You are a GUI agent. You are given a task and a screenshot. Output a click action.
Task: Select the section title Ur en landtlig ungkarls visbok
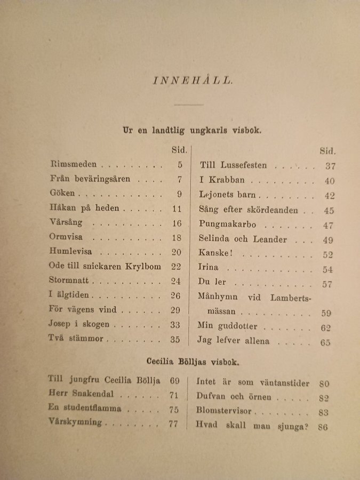coord(191,130)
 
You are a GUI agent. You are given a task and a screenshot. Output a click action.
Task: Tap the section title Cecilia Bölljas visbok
coord(193,362)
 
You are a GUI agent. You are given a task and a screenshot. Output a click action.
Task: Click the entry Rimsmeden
coord(76,165)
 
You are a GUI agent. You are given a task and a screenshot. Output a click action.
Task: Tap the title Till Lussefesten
coord(233,165)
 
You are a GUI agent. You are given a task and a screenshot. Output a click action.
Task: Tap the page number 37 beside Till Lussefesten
coord(330,166)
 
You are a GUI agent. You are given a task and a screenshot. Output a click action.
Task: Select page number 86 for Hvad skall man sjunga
coord(323,427)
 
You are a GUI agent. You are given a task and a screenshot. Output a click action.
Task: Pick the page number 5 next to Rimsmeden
coord(180,165)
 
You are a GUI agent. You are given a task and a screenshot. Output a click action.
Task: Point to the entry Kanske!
coord(214,254)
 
